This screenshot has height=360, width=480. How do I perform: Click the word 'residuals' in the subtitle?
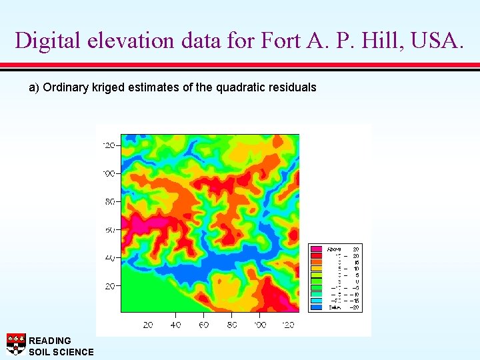(x=291, y=87)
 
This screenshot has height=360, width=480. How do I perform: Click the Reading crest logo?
(x=16, y=343)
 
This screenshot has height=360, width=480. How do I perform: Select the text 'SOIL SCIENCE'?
(x=61, y=352)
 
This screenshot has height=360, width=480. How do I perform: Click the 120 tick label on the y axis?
(x=109, y=145)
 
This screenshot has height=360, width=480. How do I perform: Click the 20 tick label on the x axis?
(x=148, y=325)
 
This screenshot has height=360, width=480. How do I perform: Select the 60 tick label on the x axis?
(x=204, y=325)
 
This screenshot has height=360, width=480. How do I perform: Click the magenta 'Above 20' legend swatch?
(x=316, y=248)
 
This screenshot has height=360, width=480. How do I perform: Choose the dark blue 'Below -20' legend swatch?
(x=316, y=307)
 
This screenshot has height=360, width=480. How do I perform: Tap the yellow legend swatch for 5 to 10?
(x=316, y=268)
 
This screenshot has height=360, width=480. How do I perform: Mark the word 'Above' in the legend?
(x=335, y=248)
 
